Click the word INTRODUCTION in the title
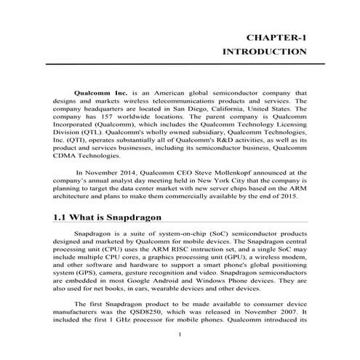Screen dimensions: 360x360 pos(263,52)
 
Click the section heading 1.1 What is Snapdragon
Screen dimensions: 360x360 pos(106,217)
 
